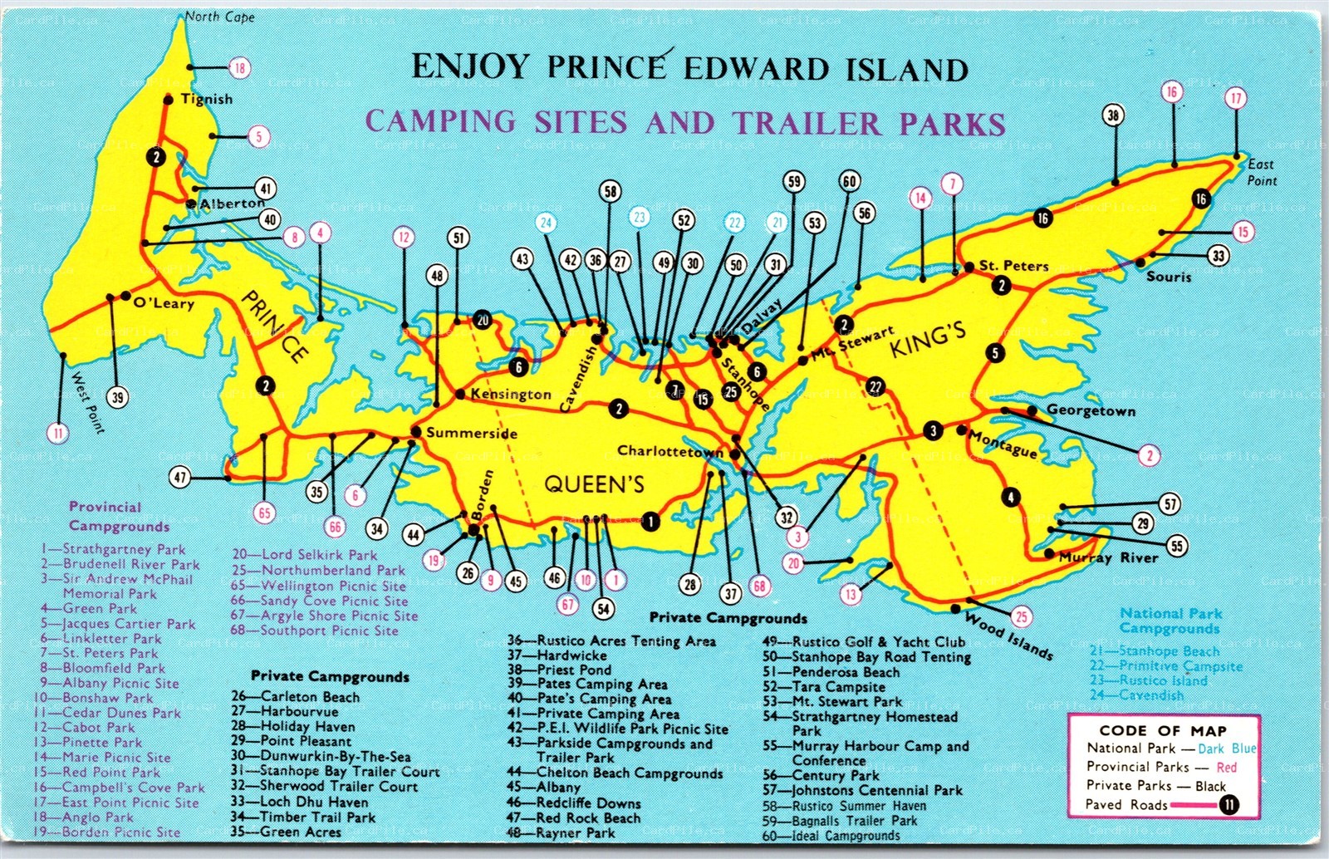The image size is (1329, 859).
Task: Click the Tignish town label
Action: pyautogui.click(x=207, y=99)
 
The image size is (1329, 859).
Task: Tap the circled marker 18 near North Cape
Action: pyautogui.click(x=240, y=67)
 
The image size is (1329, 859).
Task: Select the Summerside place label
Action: pyautogui.click(x=472, y=433)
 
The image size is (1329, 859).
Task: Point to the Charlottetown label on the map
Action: pyautogui.click(x=670, y=451)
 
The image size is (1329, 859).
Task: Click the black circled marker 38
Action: pyautogui.click(x=1113, y=116)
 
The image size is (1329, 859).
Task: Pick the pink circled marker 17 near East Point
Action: pyautogui.click(x=1236, y=99)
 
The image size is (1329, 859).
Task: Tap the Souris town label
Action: pyautogui.click(x=1169, y=277)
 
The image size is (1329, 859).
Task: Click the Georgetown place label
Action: pyautogui.click(x=1091, y=410)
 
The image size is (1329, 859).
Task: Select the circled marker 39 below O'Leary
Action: pyautogui.click(x=118, y=397)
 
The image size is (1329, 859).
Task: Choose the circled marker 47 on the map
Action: pyautogui.click(x=180, y=477)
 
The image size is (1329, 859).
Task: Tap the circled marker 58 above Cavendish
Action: pyautogui.click(x=611, y=192)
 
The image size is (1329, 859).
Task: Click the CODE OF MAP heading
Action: pyautogui.click(x=1163, y=731)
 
